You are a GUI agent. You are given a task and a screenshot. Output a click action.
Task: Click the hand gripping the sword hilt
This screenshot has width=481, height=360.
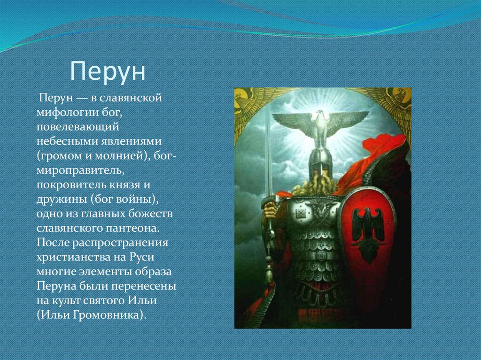[269, 209]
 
